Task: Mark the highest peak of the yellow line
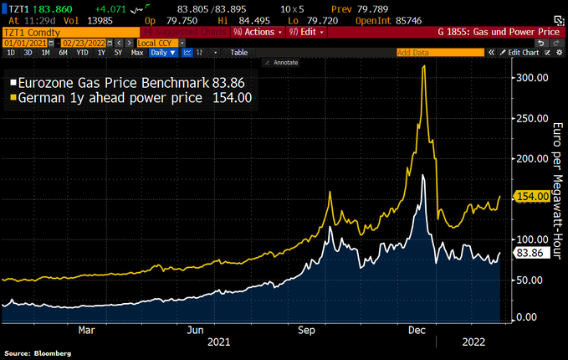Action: tap(424, 66)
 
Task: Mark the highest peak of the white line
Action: tap(424, 175)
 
